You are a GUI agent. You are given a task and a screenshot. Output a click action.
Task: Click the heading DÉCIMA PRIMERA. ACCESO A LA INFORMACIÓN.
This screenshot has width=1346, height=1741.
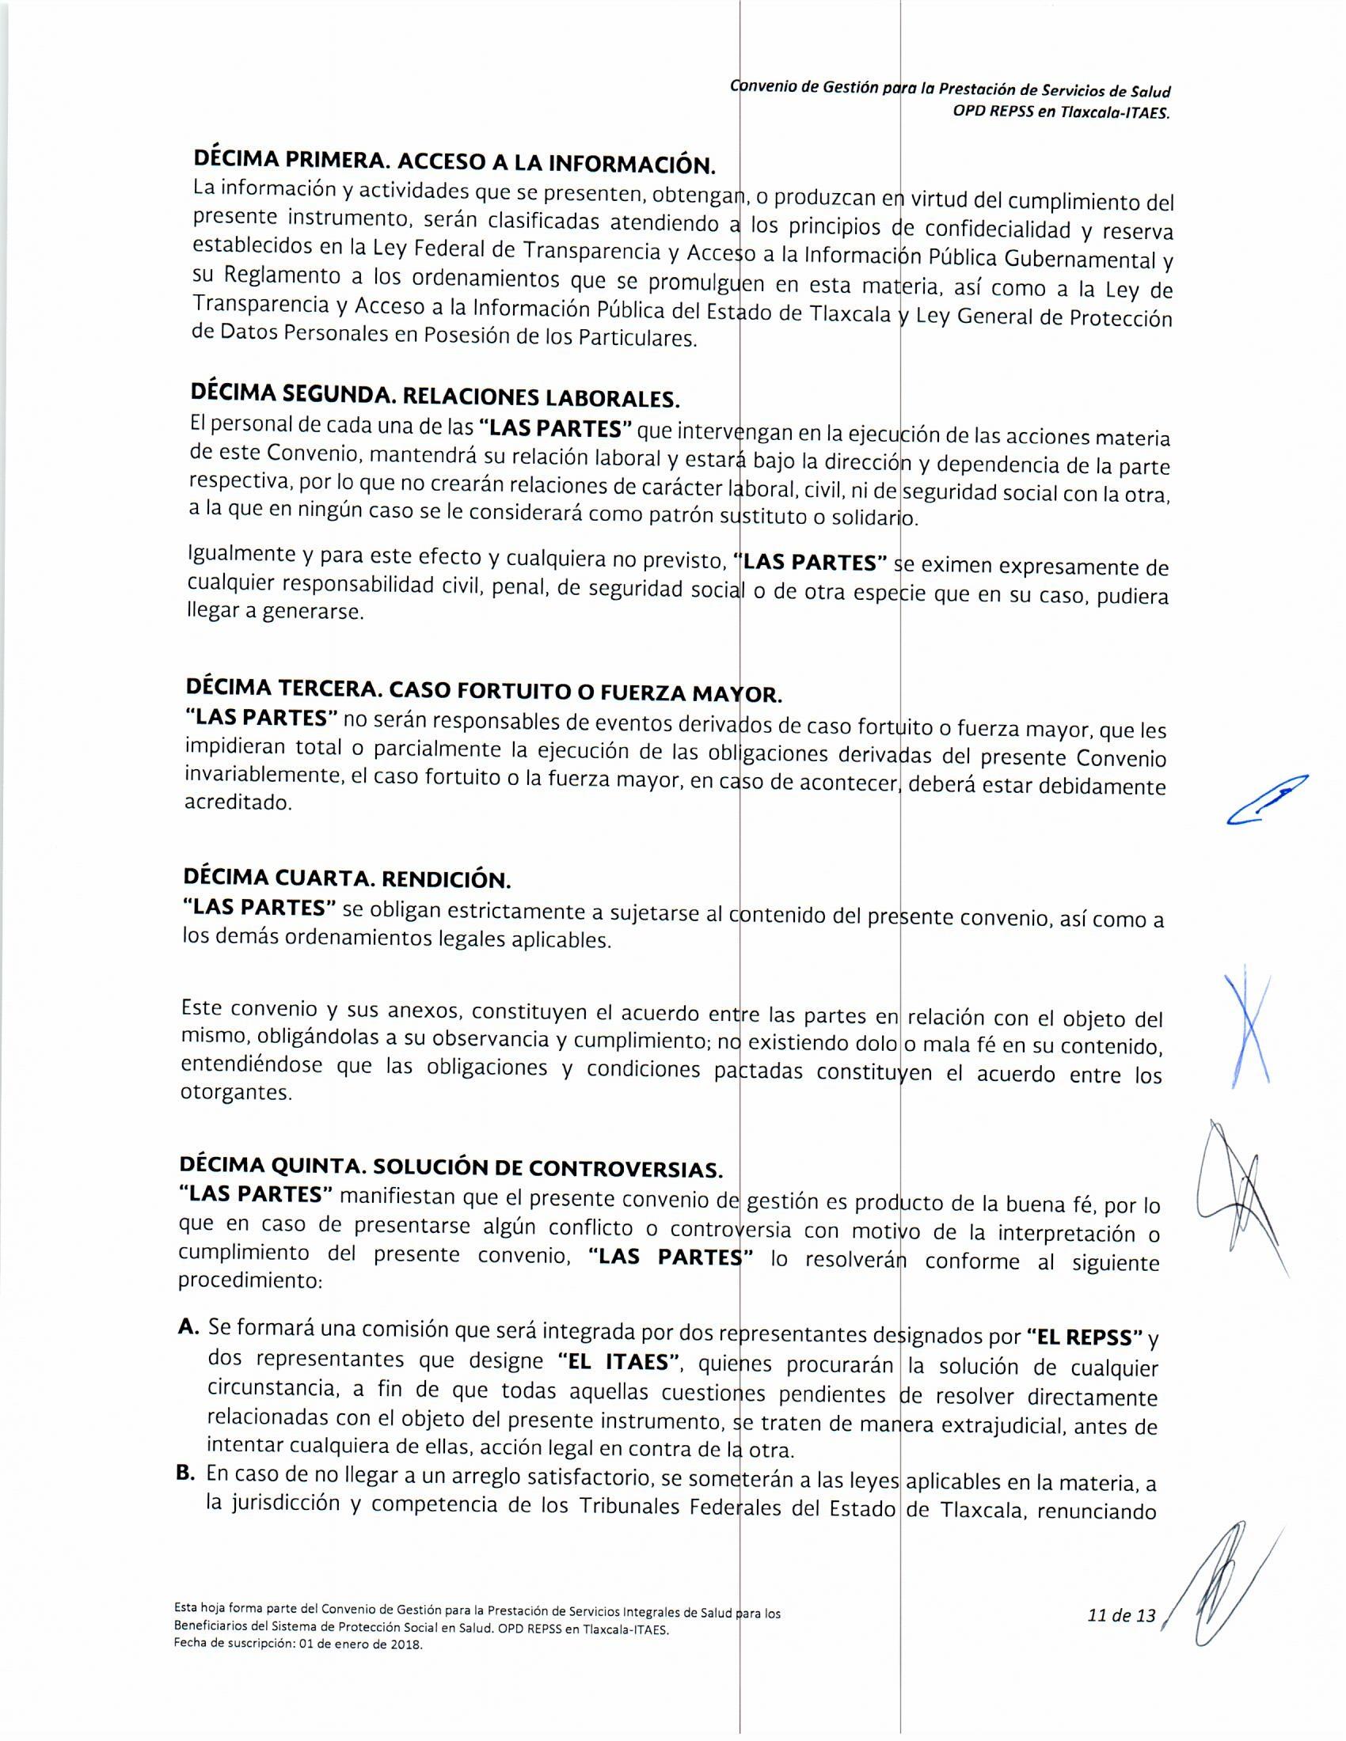coord(454,161)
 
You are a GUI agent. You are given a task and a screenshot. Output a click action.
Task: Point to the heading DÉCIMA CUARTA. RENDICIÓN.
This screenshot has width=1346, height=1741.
coord(346,878)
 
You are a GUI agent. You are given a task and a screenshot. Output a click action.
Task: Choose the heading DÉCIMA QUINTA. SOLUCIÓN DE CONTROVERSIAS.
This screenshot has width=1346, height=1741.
coord(451,1168)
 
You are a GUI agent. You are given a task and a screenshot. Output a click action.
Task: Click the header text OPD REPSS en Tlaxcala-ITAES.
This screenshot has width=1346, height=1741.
coord(1061,112)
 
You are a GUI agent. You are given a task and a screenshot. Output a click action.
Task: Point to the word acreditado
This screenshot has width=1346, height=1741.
coord(238,802)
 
